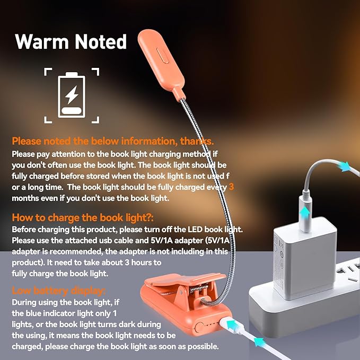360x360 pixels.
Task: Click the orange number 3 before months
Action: click(231, 188)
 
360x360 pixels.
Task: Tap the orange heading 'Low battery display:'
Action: click(58, 291)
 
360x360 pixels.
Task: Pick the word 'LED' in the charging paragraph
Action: click(190, 230)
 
